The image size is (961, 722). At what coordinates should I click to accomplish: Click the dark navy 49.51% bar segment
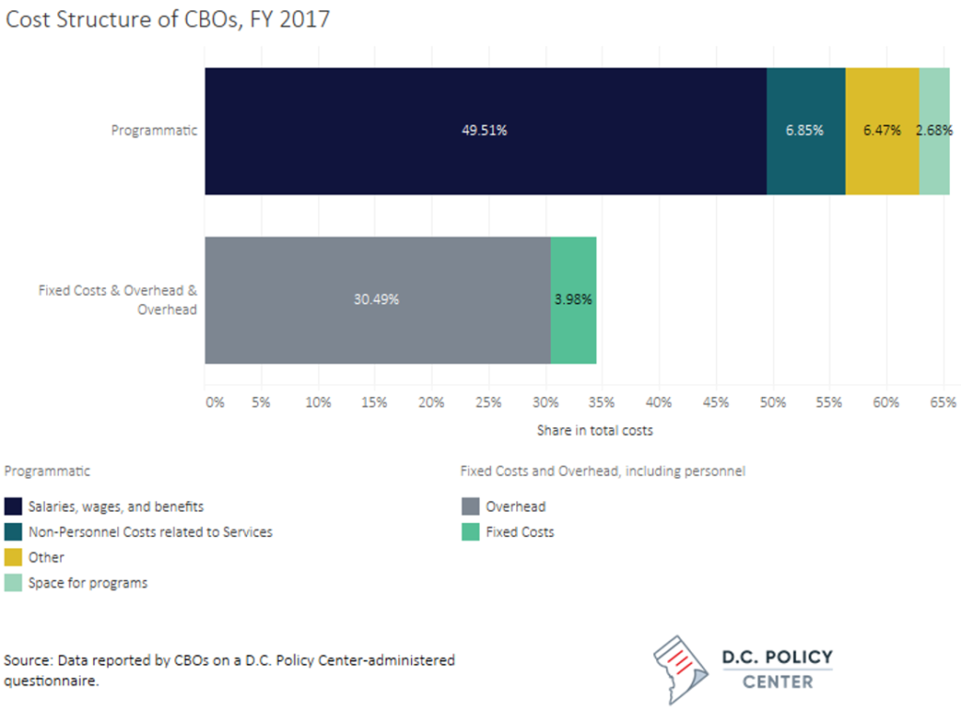[485, 131]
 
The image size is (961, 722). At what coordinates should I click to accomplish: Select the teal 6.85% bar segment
[805, 131]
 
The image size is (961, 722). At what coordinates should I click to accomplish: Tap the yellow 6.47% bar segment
[882, 131]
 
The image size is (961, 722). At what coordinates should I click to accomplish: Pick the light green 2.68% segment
[934, 131]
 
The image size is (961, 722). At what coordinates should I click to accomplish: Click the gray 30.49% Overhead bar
[377, 300]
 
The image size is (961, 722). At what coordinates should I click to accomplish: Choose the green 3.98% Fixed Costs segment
[572, 300]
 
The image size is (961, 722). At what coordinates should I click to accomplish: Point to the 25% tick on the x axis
[488, 403]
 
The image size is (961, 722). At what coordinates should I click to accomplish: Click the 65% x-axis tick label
[943, 403]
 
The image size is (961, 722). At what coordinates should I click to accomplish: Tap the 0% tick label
[215, 403]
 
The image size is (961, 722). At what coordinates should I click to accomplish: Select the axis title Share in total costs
[594, 430]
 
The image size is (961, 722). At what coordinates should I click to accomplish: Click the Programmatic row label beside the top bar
[154, 131]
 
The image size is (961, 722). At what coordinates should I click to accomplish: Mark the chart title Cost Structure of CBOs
[168, 19]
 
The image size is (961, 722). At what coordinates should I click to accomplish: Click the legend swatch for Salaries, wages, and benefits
[13, 507]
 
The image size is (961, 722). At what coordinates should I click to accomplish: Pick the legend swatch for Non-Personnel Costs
[13, 532]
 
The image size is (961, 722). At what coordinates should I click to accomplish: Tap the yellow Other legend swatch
[13, 558]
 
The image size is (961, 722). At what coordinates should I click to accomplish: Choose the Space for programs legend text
[87, 583]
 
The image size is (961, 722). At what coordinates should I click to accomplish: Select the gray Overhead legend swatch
[469, 507]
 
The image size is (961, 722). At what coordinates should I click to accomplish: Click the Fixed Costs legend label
[519, 532]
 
